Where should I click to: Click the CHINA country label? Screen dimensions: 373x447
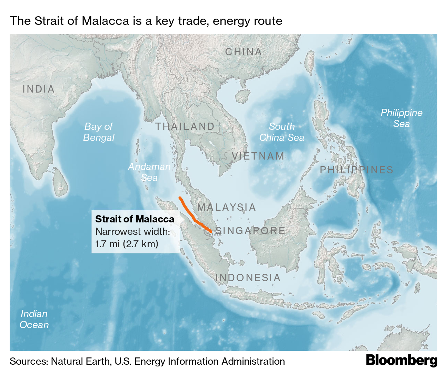click(x=244, y=52)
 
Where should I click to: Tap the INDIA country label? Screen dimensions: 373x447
click(x=39, y=89)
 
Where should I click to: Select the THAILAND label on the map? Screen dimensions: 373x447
click(x=185, y=126)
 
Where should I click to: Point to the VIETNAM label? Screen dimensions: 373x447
click(x=258, y=156)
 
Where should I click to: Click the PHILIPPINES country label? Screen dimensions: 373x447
click(x=357, y=170)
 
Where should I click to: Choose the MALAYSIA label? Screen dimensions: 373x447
click(x=227, y=207)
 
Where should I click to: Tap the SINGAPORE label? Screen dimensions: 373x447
click(x=250, y=231)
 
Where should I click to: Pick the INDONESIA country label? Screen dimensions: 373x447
click(x=248, y=278)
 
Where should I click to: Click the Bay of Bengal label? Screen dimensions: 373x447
click(x=99, y=132)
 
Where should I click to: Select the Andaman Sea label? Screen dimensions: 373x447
click(x=149, y=172)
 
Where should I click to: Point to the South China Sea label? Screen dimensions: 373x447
click(x=282, y=132)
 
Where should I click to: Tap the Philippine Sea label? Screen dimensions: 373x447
click(x=401, y=118)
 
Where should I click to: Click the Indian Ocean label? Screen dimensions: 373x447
click(x=34, y=319)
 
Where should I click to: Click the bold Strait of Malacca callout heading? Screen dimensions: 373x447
click(x=135, y=219)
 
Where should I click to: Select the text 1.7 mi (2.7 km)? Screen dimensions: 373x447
click(x=127, y=244)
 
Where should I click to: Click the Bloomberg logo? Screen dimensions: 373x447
click(x=401, y=361)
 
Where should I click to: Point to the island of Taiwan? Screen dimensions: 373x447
click(x=310, y=62)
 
